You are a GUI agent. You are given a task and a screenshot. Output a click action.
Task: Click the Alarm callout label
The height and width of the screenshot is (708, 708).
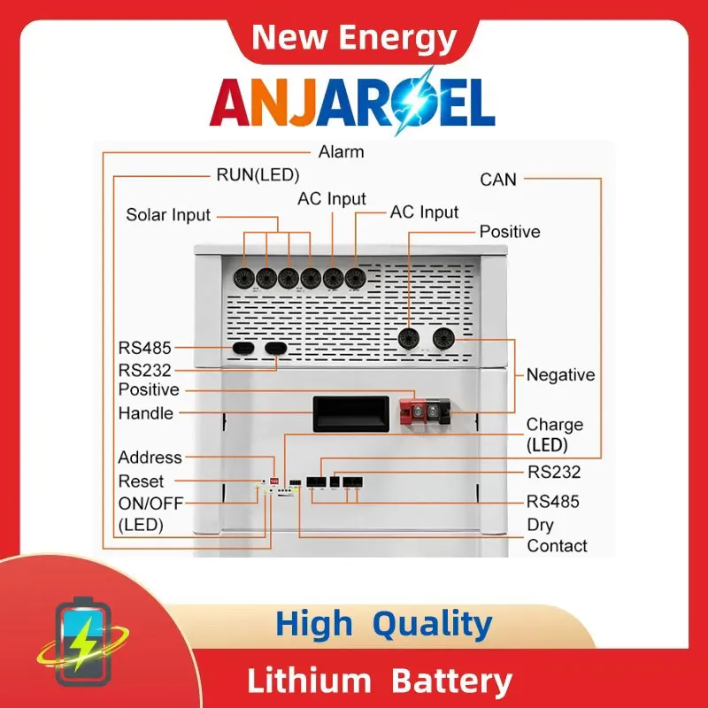(x=341, y=152)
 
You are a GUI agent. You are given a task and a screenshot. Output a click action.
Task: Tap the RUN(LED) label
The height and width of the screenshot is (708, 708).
(x=258, y=175)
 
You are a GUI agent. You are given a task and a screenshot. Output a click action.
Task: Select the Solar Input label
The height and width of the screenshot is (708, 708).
(x=168, y=215)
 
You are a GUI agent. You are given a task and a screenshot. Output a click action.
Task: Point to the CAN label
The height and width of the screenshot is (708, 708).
(x=498, y=180)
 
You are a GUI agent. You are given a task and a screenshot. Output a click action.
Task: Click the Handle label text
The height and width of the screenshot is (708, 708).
(x=145, y=413)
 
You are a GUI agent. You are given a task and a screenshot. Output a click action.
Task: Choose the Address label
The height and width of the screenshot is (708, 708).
(x=150, y=458)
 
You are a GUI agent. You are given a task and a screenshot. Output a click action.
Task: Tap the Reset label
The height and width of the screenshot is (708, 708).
(x=141, y=481)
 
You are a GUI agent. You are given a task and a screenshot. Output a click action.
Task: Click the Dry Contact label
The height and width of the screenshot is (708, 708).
(x=557, y=535)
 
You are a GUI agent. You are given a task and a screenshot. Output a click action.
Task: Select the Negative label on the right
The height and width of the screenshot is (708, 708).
(x=560, y=374)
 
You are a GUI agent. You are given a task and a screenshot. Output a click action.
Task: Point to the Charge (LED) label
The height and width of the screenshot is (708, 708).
(x=555, y=435)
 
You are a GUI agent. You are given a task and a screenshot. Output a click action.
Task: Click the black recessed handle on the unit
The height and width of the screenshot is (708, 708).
(x=350, y=414)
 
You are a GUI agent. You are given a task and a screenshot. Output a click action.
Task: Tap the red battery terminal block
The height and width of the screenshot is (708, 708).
(x=412, y=412)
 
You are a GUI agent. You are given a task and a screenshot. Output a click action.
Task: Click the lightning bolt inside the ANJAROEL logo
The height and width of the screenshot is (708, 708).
(x=412, y=102)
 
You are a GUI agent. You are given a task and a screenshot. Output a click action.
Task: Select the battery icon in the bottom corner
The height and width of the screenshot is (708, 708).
(x=82, y=641)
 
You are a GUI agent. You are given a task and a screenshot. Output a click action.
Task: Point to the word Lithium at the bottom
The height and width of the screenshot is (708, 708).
(x=309, y=681)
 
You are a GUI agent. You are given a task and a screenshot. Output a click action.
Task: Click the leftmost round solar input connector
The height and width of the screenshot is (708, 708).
(x=244, y=278)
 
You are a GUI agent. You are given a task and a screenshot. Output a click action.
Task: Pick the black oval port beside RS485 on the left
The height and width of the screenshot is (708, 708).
(x=242, y=348)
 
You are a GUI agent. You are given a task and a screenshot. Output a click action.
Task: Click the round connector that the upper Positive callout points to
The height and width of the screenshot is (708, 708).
(x=409, y=338)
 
